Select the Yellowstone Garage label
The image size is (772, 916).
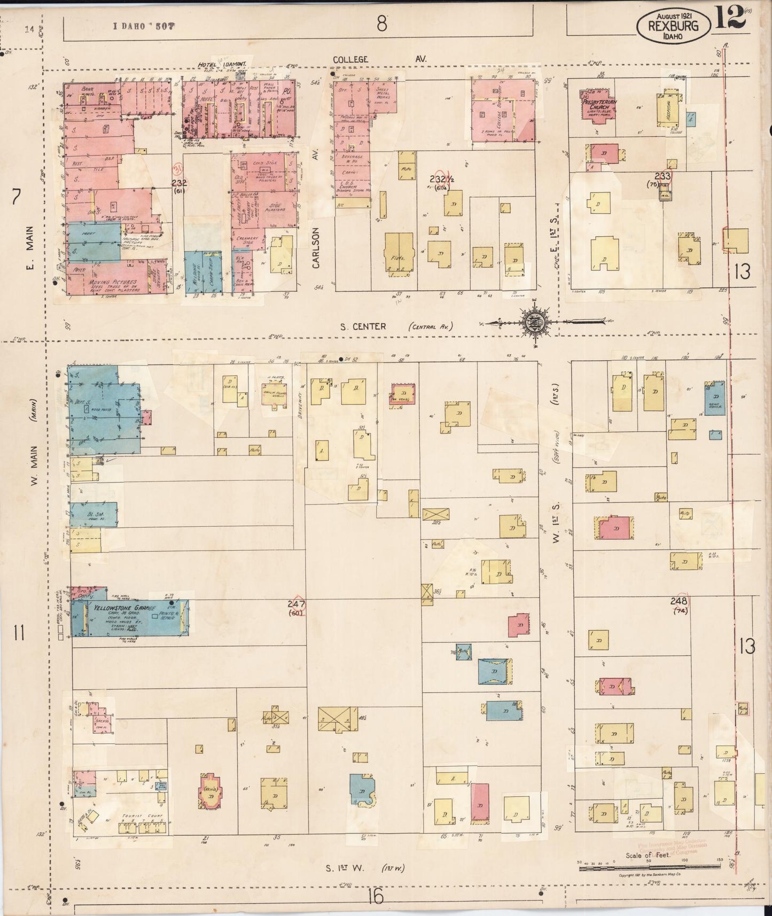(x=124, y=608)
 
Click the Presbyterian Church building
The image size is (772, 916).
(x=598, y=106)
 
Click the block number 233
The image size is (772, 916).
(x=662, y=176)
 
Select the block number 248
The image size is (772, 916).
(x=679, y=601)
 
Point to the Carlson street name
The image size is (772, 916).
(x=316, y=247)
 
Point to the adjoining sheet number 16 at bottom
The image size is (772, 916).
(x=376, y=896)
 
